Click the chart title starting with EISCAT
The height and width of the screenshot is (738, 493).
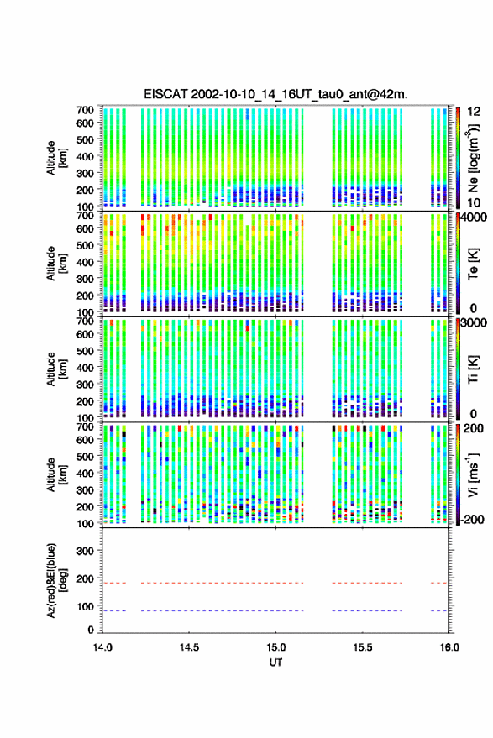click(275, 94)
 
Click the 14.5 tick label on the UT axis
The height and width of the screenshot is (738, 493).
click(189, 647)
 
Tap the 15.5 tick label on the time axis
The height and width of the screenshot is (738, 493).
click(362, 647)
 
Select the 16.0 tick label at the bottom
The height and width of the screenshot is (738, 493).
click(448, 647)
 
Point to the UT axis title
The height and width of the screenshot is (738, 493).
click(275, 662)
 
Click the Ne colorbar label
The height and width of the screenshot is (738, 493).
click(474, 158)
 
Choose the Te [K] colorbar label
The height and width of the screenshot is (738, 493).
click(473, 264)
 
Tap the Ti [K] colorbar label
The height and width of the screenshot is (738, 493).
click(473, 369)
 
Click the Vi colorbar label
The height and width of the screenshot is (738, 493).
click(473, 474)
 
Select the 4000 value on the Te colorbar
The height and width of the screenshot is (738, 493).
click(474, 217)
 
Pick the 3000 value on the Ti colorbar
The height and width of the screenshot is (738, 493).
click(474, 323)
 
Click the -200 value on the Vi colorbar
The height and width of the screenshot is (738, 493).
click(471, 519)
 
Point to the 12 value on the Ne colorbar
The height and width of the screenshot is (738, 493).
click(475, 112)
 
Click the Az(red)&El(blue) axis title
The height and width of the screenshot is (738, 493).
click(56, 580)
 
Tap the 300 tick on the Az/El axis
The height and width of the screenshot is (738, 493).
click(85, 551)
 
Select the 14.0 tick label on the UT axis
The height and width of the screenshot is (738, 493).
click(102, 647)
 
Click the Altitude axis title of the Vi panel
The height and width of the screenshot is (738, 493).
click(56, 474)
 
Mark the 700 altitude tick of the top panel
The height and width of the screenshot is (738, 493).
click(85, 110)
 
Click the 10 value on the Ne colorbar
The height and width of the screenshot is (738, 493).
click(475, 202)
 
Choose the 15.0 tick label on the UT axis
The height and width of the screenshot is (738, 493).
click(275, 647)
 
